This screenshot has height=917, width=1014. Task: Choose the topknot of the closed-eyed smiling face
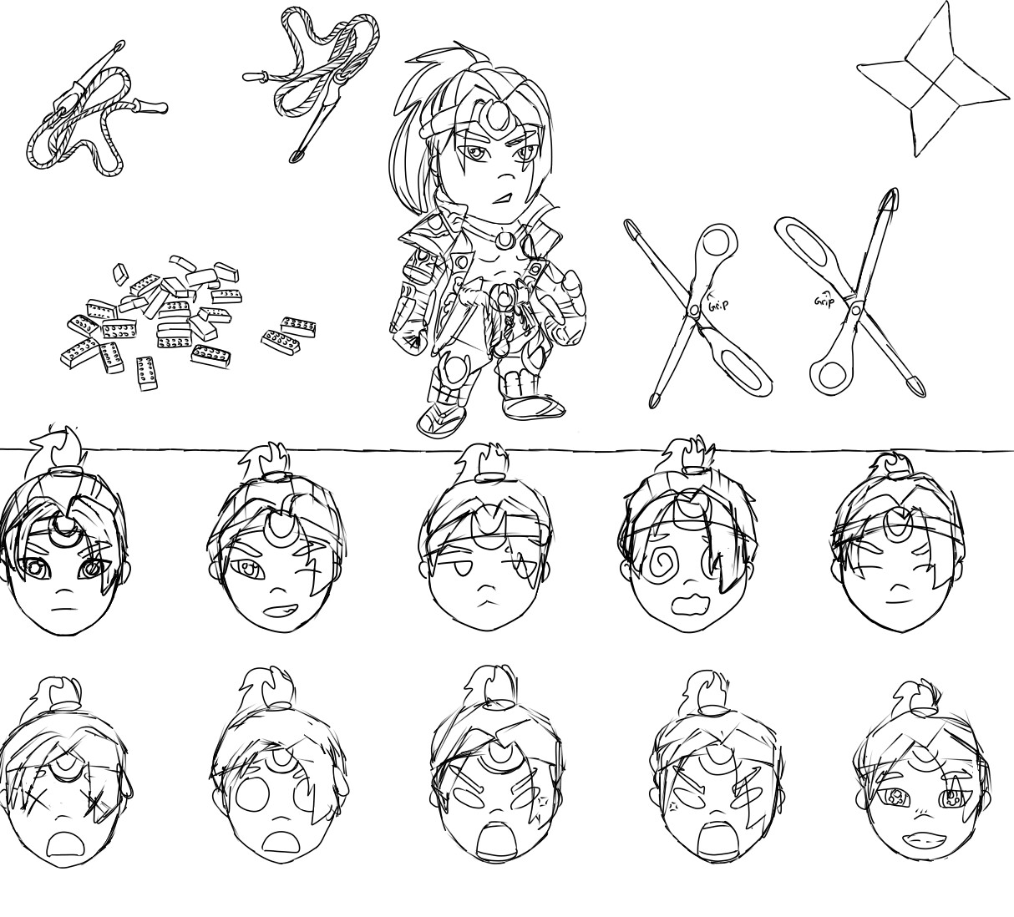891,468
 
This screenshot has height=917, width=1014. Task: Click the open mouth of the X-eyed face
63,846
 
